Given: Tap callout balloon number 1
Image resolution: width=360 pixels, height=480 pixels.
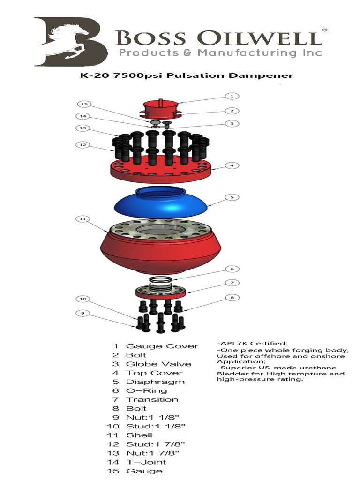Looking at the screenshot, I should tap(231, 96).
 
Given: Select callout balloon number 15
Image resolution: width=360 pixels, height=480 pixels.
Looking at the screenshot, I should tap(85, 104).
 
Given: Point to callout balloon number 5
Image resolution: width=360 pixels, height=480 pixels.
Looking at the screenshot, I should tap(231, 197).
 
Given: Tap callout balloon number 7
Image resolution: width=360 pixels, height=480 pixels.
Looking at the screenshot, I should tap(231, 283).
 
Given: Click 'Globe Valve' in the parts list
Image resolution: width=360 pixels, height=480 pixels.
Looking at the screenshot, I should tap(152, 364).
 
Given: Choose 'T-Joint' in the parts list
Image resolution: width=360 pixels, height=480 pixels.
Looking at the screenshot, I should tap(146, 462).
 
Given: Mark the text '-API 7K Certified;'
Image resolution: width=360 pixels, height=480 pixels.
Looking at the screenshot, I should tap(248, 343).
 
